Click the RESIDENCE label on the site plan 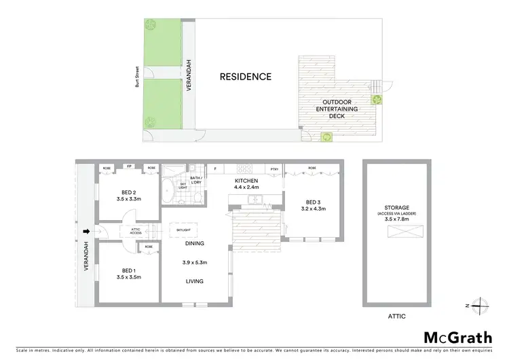click(x=245, y=77)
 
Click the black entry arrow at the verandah click(x=86, y=232)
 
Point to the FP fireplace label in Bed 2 click(x=129, y=166)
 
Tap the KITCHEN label click(x=247, y=180)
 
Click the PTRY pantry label click(x=275, y=168)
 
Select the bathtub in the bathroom click(x=168, y=192)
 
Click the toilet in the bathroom click(x=196, y=198)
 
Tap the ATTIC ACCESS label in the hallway click(x=131, y=231)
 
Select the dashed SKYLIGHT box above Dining click(x=183, y=230)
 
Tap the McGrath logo click(x=458, y=338)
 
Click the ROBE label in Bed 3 click(x=312, y=167)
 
